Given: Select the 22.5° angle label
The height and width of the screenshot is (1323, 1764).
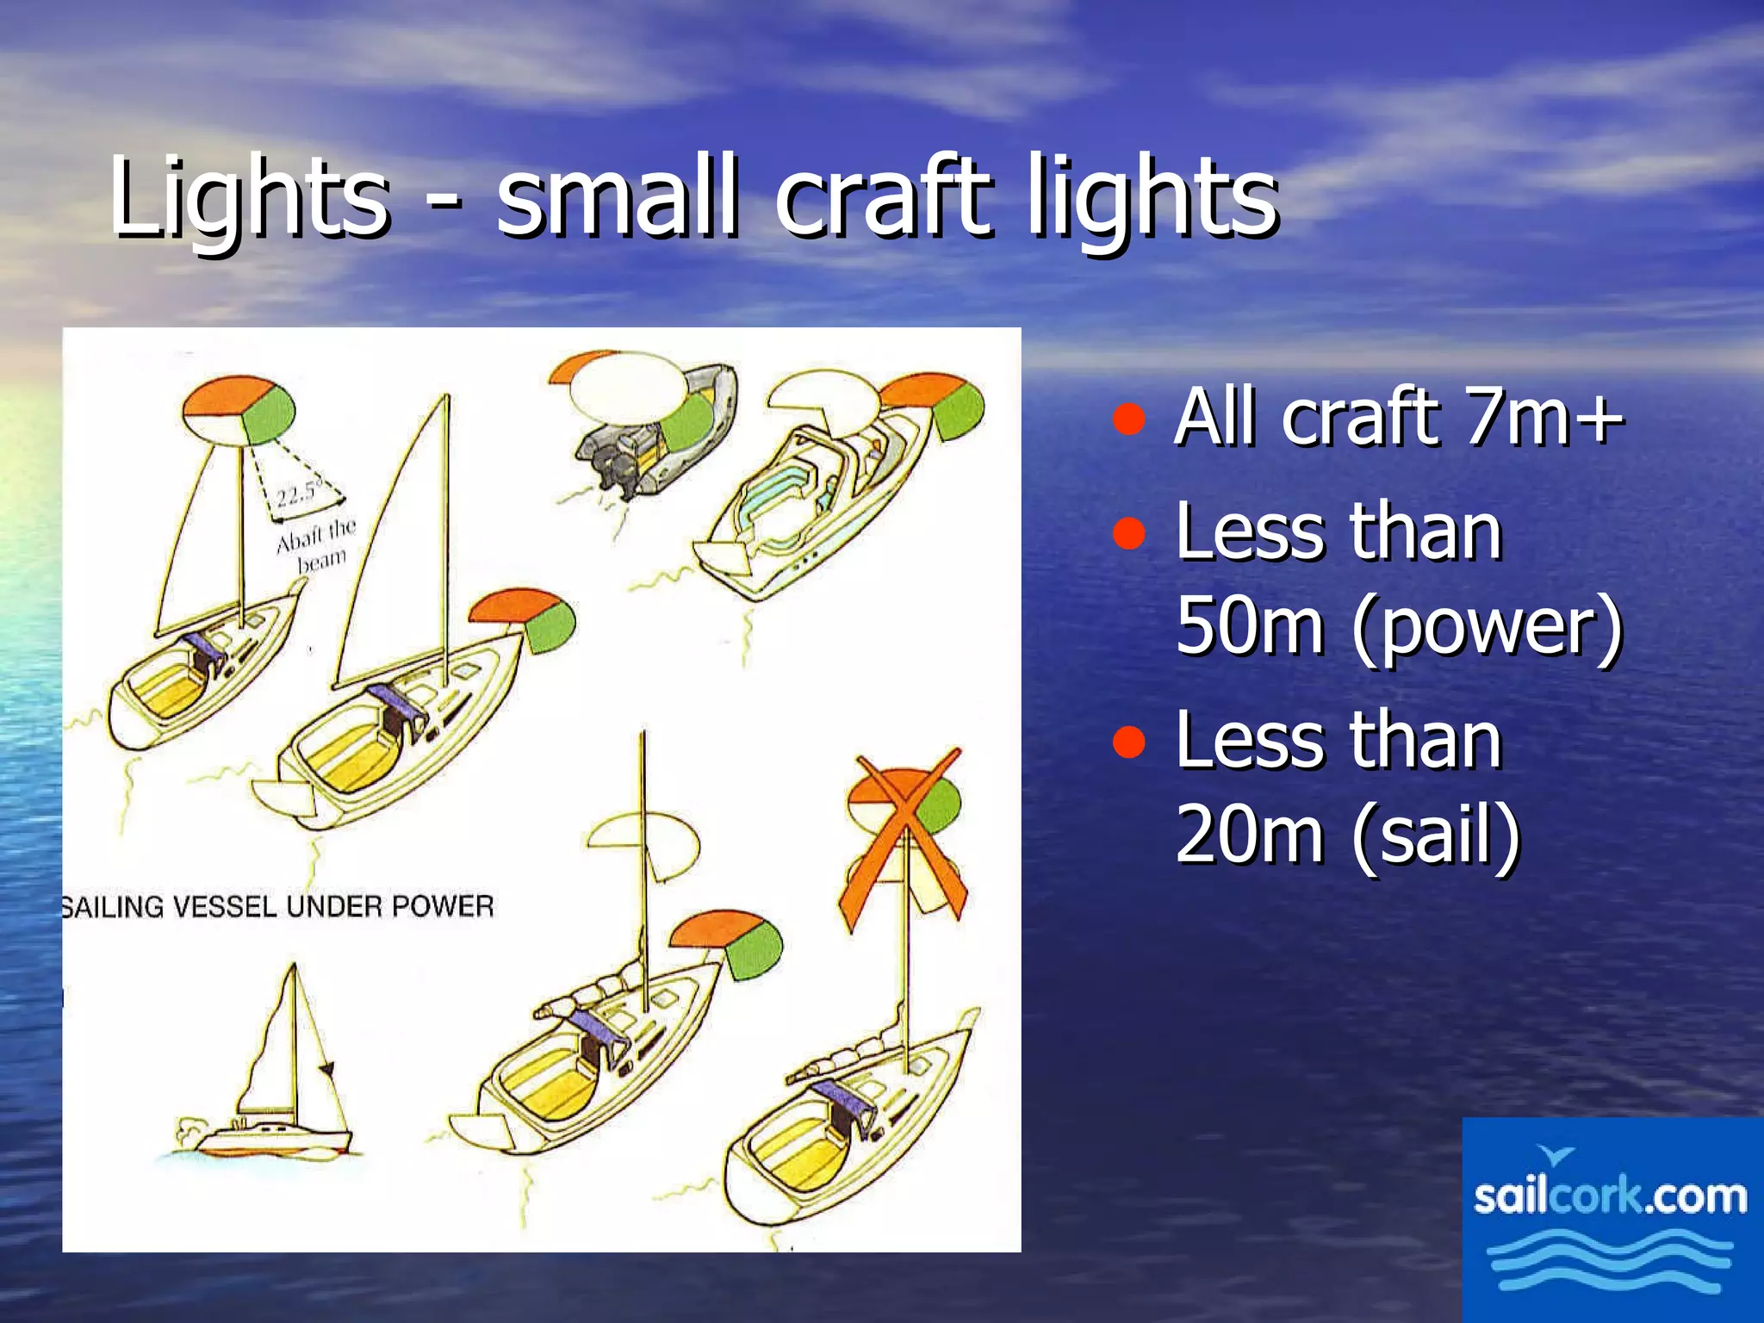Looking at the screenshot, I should (298, 494).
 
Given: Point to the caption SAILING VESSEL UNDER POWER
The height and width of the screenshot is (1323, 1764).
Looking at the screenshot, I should (277, 907).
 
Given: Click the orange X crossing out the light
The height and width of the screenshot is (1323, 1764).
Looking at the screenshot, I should (903, 840).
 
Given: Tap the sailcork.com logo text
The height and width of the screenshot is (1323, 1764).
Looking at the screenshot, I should (1610, 1196).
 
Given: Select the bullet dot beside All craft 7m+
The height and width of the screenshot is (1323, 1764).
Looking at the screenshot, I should (1128, 419).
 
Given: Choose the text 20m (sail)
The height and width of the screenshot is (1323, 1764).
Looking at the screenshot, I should (1348, 834).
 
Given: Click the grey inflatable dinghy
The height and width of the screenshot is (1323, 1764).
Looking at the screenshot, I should (655, 431).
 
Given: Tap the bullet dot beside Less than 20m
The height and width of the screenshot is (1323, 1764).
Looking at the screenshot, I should (1128, 742).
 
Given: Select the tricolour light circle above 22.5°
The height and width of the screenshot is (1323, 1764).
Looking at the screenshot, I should (239, 410).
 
